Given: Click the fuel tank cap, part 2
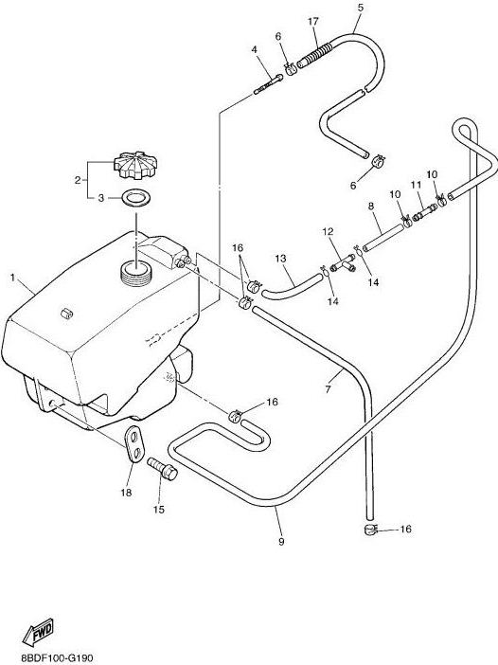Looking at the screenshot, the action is (x=135, y=165).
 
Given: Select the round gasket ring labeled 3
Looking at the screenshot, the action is (x=135, y=198).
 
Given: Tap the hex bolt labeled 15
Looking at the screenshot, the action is (x=162, y=469).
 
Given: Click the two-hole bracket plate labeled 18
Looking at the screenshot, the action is (x=133, y=443).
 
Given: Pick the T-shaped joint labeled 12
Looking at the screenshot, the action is (x=343, y=263).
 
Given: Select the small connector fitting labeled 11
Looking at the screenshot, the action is (x=424, y=212).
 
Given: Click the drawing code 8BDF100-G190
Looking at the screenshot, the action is (x=57, y=658).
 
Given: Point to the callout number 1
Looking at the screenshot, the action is (x=12, y=278).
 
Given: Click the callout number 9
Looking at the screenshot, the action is (x=281, y=542).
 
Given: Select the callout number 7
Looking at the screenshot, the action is (x=328, y=389).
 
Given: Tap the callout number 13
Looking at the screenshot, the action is (x=280, y=259).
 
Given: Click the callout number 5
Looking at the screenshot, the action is (x=361, y=8).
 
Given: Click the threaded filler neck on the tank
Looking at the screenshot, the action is (x=135, y=274).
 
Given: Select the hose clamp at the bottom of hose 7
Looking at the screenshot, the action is (x=370, y=529).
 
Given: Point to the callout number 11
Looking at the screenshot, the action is (x=416, y=185).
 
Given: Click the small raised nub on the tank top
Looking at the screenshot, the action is (x=67, y=314).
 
